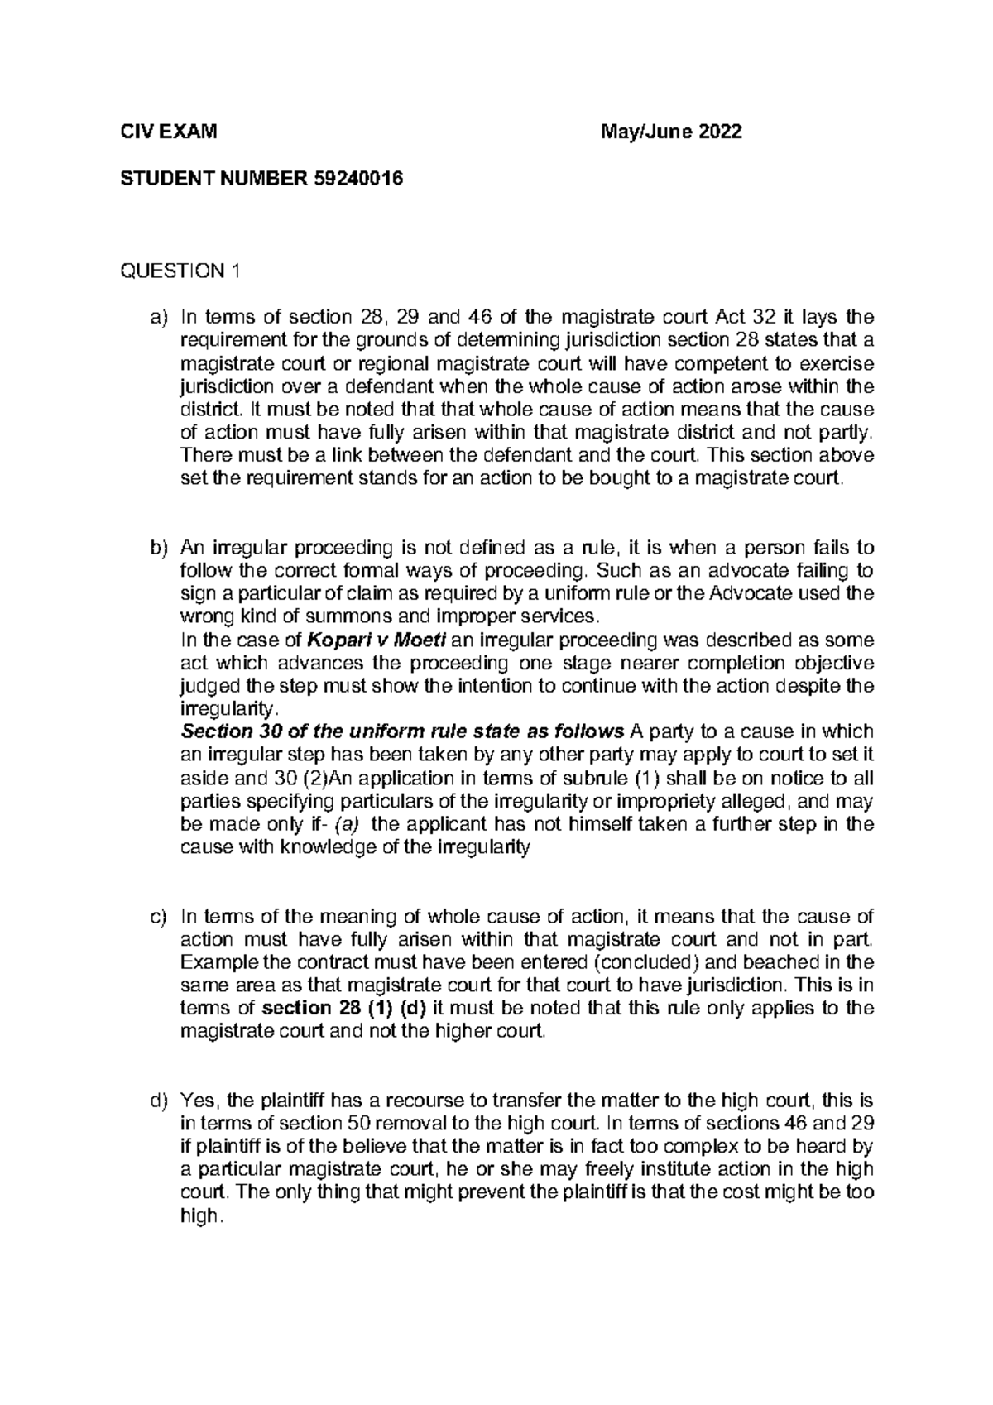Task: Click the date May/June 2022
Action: (x=673, y=132)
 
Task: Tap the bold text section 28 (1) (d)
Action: (x=343, y=1008)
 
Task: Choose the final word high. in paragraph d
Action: (x=202, y=1216)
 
